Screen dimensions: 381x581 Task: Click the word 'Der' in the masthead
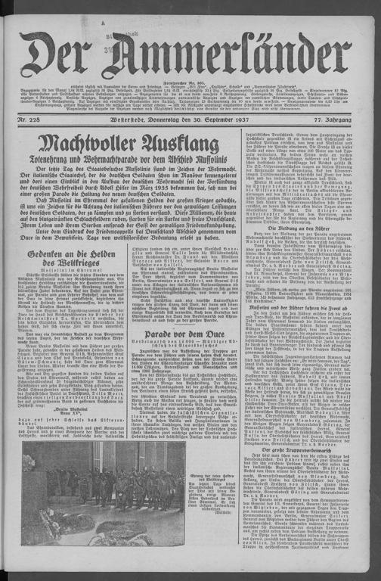pos(58,54)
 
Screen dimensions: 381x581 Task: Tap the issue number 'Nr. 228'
pos(31,121)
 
